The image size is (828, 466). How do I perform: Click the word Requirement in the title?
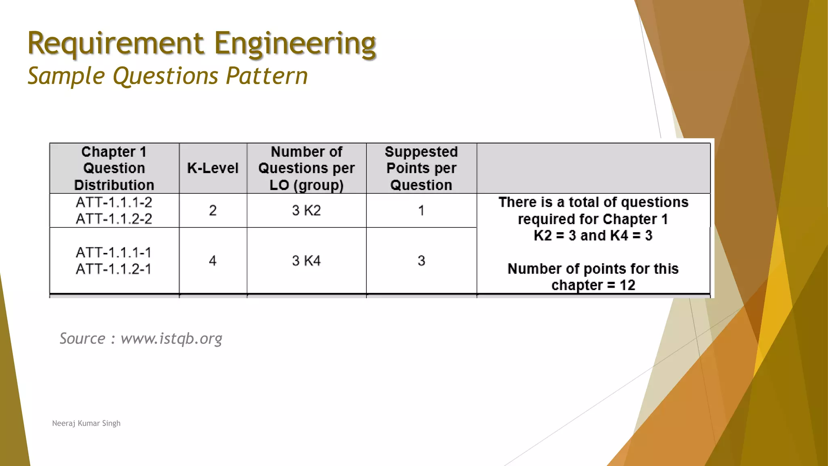[x=116, y=43]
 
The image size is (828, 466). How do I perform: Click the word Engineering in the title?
[x=295, y=43]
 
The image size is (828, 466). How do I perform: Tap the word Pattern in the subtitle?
[x=267, y=76]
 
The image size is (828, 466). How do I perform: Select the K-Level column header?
[x=213, y=168]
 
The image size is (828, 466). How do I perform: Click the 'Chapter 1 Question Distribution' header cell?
[x=114, y=168]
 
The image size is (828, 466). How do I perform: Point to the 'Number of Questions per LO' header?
[x=306, y=168]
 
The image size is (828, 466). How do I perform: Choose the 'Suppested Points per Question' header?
[x=421, y=168]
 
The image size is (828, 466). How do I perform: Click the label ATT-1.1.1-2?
[x=114, y=202]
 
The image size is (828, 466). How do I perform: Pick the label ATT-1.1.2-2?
[x=114, y=219]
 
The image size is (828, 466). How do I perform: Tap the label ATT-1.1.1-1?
[x=114, y=253]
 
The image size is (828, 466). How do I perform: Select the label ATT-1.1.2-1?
[x=114, y=269]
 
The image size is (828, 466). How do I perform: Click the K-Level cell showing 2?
[x=213, y=211]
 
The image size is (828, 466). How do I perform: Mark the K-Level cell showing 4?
[x=213, y=261]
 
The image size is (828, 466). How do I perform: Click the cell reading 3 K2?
[x=306, y=211]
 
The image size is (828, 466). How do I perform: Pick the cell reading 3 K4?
[x=306, y=261]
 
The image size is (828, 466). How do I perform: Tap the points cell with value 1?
[x=421, y=211]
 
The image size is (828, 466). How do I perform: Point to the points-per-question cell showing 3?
[x=421, y=261]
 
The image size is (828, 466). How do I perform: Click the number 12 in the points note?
[x=627, y=285]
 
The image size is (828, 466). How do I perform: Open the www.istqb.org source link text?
[x=171, y=339]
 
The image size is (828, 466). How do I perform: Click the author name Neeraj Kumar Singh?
[x=86, y=423]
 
